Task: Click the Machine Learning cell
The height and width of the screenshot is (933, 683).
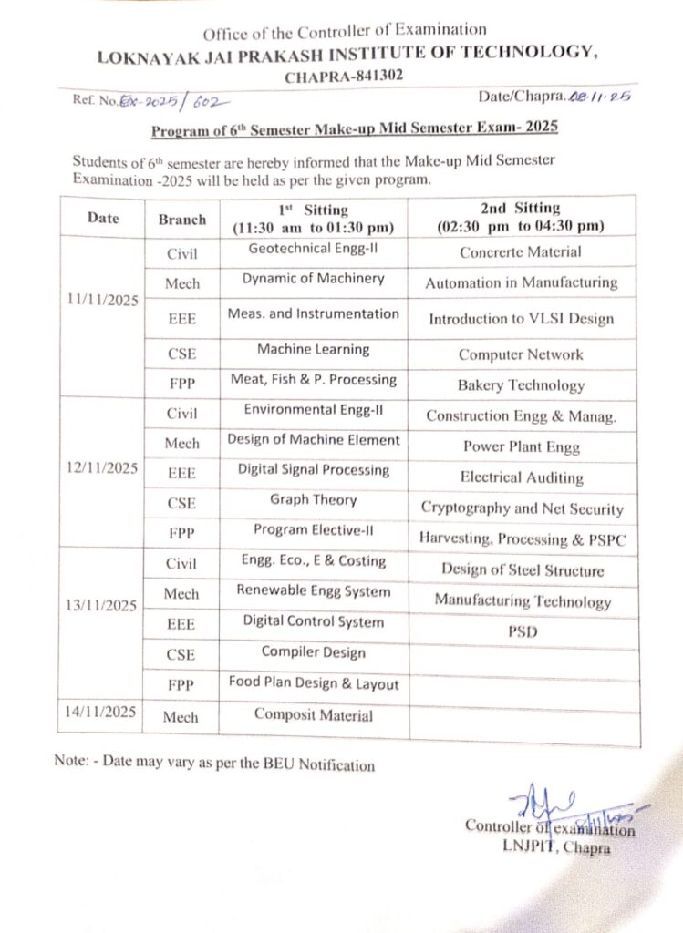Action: (x=313, y=349)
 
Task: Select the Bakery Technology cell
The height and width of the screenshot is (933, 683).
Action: (x=521, y=385)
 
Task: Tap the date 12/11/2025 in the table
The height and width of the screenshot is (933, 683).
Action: (x=102, y=468)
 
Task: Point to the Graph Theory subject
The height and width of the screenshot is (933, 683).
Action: (x=313, y=499)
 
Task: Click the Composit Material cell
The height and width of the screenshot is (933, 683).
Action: (x=313, y=715)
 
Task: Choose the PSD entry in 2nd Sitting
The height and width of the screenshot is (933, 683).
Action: (x=522, y=631)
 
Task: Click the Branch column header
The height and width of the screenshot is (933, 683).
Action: (x=182, y=220)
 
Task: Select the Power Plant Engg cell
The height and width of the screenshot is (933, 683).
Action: (x=521, y=446)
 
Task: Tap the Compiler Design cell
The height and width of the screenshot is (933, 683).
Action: (x=313, y=652)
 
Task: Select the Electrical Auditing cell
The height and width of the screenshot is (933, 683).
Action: (x=522, y=477)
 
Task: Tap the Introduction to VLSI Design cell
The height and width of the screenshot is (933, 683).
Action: (x=521, y=319)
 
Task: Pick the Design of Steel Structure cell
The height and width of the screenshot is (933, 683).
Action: (x=522, y=570)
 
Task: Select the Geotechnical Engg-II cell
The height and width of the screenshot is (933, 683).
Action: (x=313, y=248)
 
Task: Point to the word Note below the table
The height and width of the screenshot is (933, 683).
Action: (x=70, y=763)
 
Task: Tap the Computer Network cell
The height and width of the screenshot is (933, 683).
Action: (x=521, y=354)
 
